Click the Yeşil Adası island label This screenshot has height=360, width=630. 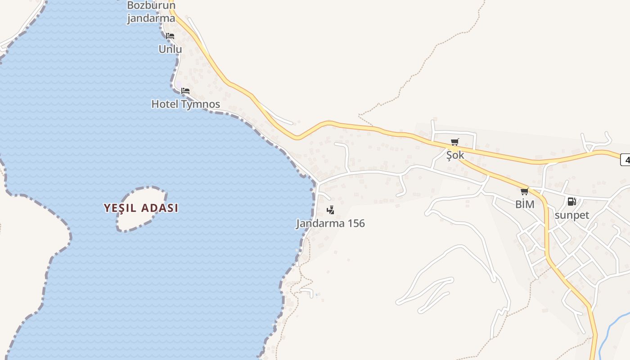point(141,208)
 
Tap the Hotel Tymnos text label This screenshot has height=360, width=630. point(185,104)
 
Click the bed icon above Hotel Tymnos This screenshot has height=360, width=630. point(185,91)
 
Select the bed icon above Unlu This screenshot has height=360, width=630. point(170,36)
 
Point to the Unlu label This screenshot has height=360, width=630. point(170,49)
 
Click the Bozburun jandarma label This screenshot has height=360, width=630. point(151,12)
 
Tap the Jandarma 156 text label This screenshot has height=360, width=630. point(330,223)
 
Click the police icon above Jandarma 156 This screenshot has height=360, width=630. point(331,210)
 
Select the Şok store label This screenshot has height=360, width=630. point(455,155)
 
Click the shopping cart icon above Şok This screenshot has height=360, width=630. point(455,143)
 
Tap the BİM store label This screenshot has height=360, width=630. point(525,204)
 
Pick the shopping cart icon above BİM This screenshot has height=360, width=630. point(525,192)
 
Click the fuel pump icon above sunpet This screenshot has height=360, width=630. point(571,202)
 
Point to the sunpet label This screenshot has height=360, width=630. point(571,215)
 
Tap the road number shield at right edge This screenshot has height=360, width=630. point(625,159)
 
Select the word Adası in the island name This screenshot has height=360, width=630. point(160,208)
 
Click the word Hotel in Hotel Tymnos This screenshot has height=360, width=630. point(165,104)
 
